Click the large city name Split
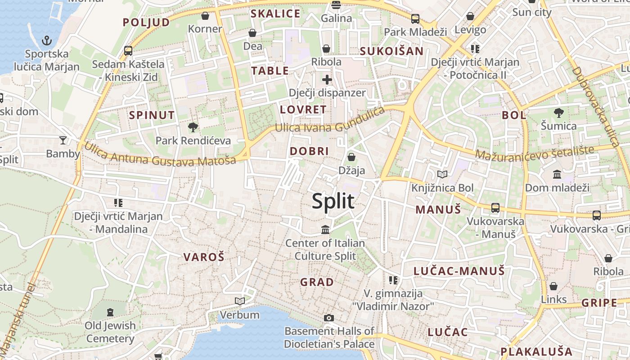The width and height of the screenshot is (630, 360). click(x=333, y=201)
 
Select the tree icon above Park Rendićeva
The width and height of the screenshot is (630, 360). click(x=193, y=127)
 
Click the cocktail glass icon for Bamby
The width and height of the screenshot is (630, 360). click(x=63, y=140)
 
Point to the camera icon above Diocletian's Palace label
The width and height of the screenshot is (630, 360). click(x=329, y=318)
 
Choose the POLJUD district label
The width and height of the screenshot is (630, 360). click(x=146, y=22)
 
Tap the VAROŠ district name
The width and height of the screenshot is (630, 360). click(x=203, y=257)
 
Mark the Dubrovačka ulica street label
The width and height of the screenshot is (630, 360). click(x=596, y=105)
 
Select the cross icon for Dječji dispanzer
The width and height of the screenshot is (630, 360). click(x=327, y=80)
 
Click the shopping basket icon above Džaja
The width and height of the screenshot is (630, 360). click(x=351, y=157)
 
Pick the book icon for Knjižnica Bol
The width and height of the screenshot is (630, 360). click(x=442, y=174)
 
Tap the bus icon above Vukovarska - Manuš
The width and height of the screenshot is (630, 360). click(x=495, y=208)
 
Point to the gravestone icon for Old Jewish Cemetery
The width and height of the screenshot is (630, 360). click(x=110, y=312)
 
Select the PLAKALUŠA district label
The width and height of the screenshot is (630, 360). click(x=536, y=351)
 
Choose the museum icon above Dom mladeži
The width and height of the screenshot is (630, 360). click(x=557, y=174)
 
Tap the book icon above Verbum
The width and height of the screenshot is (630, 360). click(x=240, y=301)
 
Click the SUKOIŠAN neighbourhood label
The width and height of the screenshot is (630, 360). click(x=391, y=51)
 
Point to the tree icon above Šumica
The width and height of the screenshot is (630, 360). click(x=558, y=112)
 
